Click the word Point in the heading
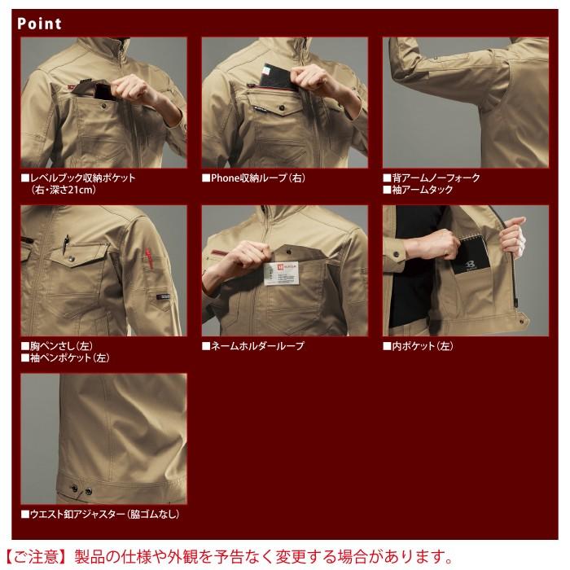pos(38,24)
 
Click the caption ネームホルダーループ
pos(256,346)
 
